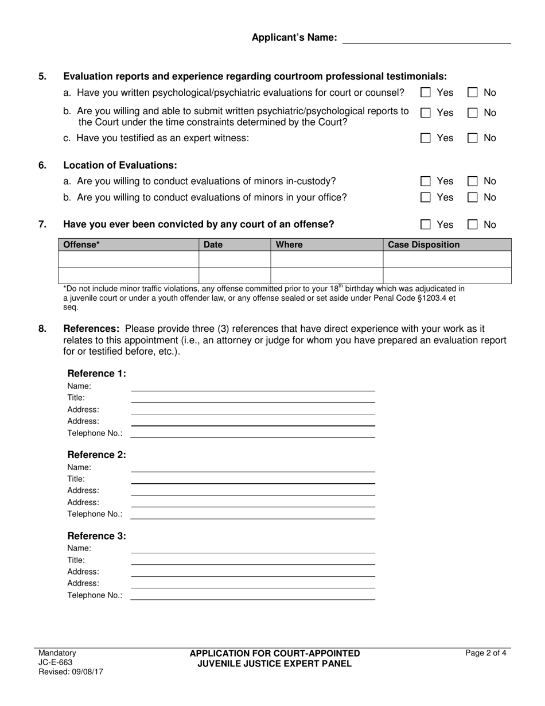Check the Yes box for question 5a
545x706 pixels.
point(426,92)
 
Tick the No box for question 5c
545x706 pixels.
point(473,138)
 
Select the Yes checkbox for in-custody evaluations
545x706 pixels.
point(426,181)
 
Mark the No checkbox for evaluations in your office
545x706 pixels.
point(473,197)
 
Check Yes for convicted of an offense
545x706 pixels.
point(426,224)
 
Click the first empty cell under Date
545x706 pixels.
point(234,259)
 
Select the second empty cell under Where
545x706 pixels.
point(326,276)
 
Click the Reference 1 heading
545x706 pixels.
point(96,374)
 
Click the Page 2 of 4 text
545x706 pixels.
point(486,653)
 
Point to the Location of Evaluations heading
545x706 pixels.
point(120,165)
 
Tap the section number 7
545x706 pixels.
point(42,224)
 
